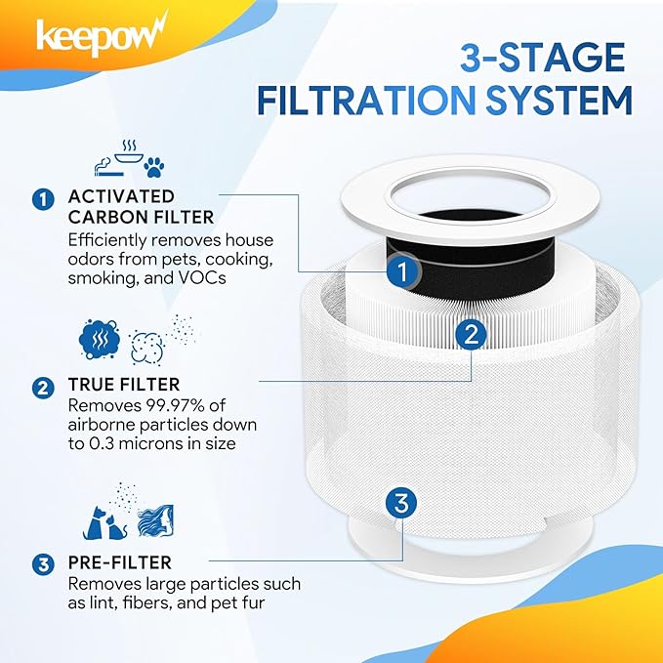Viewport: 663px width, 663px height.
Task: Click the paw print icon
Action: pyautogui.click(x=153, y=167)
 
